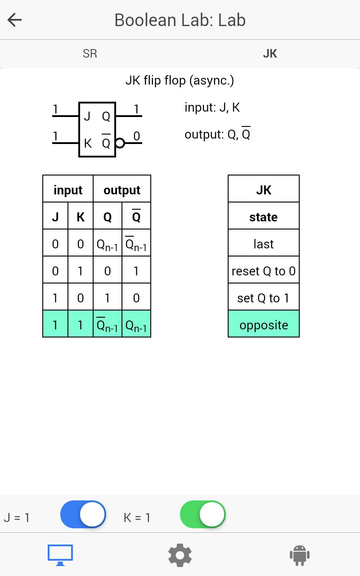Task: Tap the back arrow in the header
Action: click(15, 20)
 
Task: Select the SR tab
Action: click(90, 54)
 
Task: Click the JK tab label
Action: click(270, 54)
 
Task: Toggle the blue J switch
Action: click(83, 514)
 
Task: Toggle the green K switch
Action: click(203, 514)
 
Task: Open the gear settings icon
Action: click(180, 555)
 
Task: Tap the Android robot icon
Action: click(300, 555)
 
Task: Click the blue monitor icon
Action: click(60, 555)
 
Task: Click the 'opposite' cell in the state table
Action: click(264, 324)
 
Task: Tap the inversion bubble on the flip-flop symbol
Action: click(120, 143)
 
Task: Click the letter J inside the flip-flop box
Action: click(87, 116)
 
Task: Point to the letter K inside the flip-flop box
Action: click(88, 144)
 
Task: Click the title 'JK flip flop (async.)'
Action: click(180, 81)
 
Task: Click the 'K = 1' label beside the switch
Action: click(137, 517)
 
